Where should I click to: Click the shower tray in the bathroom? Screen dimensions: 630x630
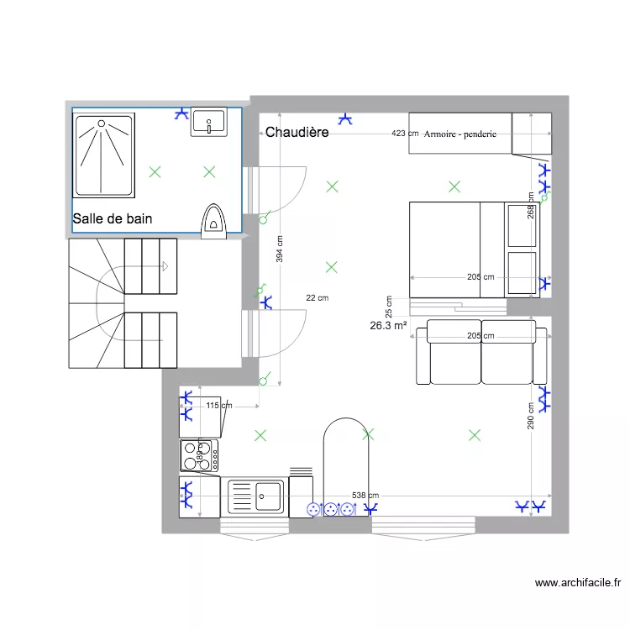(104, 155)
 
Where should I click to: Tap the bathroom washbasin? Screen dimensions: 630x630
(209, 123)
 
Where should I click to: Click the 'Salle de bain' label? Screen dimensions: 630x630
(113, 219)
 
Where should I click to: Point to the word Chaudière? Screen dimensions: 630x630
(297, 133)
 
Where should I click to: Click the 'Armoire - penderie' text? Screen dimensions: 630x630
(460, 134)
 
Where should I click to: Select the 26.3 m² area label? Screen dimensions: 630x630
(388, 326)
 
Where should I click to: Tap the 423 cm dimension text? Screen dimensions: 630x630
(405, 134)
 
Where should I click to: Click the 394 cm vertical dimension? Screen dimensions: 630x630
(280, 247)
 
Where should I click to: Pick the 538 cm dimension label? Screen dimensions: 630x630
(365, 496)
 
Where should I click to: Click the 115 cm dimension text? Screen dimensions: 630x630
(218, 406)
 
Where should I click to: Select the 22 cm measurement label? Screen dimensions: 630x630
(317, 297)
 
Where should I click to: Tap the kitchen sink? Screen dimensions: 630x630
(255, 495)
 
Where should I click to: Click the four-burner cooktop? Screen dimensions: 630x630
(199, 456)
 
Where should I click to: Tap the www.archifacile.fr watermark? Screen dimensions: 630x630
(577, 583)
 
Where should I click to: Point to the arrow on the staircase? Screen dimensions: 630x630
(165, 266)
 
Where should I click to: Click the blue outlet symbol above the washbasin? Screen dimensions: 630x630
(181, 113)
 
